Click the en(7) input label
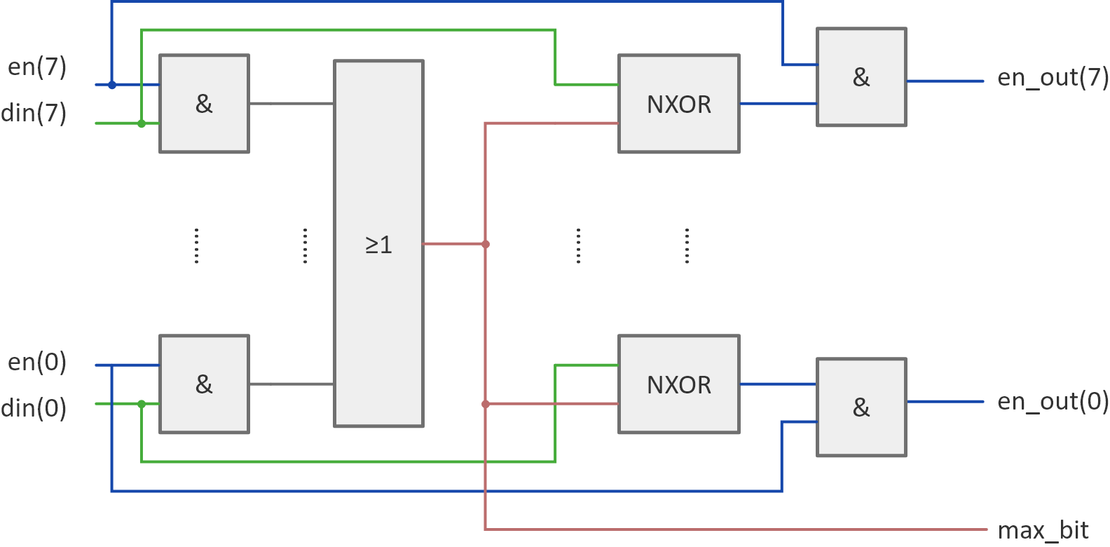click(x=37, y=67)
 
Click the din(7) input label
click(x=34, y=113)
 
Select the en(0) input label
click(x=37, y=363)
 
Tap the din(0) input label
click(x=34, y=408)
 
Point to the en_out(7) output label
click(x=1053, y=77)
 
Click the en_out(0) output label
click(x=1053, y=401)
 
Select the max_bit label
click(x=1043, y=530)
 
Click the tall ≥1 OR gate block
click(x=378, y=243)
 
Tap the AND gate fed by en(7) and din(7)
click(x=204, y=104)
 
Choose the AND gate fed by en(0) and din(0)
click(x=204, y=384)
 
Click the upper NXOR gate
click(x=678, y=104)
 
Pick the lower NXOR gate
click(x=678, y=384)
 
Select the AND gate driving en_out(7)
click(x=861, y=77)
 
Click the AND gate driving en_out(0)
click(x=861, y=407)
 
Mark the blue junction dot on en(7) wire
click(x=111, y=85)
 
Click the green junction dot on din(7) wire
click(x=142, y=123)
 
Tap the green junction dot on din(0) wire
click(x=142, y=404)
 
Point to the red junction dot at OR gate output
click(x=485, y=244)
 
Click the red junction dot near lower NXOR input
click(x=485, y=404)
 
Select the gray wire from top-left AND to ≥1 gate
click(x=291, y=104)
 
